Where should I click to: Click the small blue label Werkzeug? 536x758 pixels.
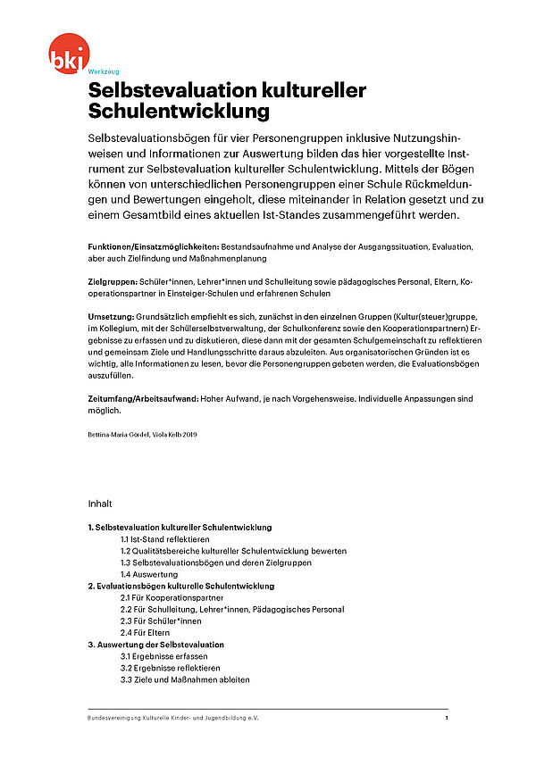pos(103,71)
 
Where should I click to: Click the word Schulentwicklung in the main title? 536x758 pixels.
pos(179,112)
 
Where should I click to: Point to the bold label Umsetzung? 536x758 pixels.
pos(110,317)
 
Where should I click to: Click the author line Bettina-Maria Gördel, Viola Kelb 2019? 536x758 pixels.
pos(142,434)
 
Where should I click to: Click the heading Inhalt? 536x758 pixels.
pos(100,504)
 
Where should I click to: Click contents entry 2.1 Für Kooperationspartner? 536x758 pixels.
pos(172,597)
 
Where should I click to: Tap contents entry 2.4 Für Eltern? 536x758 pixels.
pos(147,632)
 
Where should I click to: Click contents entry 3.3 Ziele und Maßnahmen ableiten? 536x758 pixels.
pos(185,679)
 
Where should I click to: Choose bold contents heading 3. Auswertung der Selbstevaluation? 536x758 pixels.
pos(155,644)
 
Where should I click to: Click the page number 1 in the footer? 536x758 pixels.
pos(446,718)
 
